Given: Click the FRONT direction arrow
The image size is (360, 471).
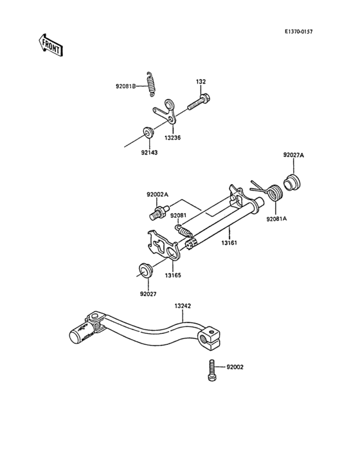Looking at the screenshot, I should tap(50, 44).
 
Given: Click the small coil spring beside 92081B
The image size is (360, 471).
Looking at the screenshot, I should tap(152, 83).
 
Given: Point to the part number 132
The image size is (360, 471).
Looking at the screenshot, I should tap(201, 82).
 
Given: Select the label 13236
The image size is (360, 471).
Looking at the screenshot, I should tap(172, 138).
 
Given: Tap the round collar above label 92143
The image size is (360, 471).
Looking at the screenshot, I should tap(148, 133).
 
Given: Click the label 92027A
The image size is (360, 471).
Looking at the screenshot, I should tap(294, 155).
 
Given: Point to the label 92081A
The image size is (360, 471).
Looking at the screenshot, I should tap(277, 219).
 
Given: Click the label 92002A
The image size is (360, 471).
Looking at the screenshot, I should tap(157, 194).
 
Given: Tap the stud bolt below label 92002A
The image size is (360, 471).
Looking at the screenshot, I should tap(157, 211).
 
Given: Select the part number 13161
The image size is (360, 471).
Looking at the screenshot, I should tap(231, 243).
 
